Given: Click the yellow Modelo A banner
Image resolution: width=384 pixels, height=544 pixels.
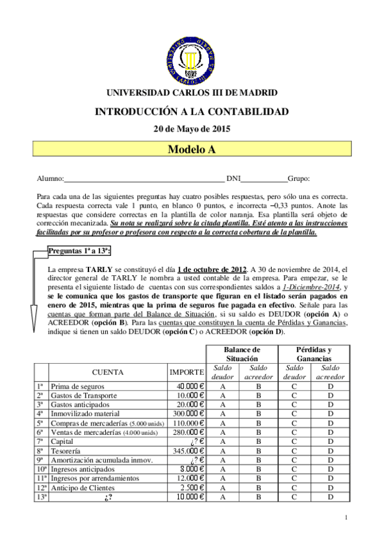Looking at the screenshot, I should pyautogui.click(x=192, y=149).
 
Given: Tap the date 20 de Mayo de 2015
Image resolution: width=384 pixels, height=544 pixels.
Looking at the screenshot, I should pyautogui.click(x=192, y=128).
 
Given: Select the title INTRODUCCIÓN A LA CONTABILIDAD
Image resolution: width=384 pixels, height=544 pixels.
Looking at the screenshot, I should pyautogui.click(x=192, y=111).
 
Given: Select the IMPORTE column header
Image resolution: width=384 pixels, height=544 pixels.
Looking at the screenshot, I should pyautogui.click(x=187, y=372).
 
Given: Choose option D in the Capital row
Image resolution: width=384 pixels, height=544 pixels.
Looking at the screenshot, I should pyautogui.click(x=330, y=441).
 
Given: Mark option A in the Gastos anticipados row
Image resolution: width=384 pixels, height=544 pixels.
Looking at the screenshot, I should pyautogui.click(x=222, y=405).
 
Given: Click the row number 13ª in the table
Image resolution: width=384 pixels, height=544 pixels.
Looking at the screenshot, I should pyautogui.click(x=40, y=496).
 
